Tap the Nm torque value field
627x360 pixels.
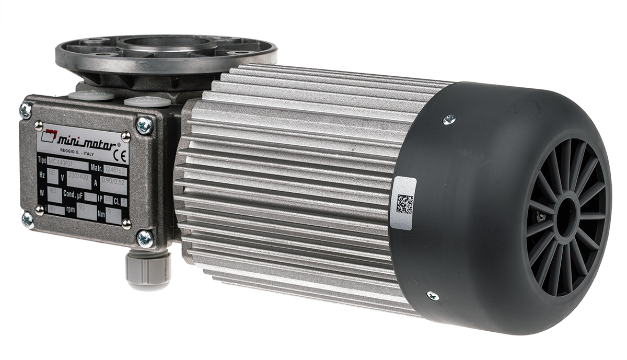(113, 214)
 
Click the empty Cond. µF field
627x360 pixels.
(90, 198)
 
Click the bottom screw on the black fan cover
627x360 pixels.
(432, 296)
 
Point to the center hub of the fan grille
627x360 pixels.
(565, 214)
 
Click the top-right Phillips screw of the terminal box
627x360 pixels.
(144, 125)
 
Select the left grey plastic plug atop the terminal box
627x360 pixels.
(91, 96)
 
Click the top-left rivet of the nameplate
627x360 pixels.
(38, 125)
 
